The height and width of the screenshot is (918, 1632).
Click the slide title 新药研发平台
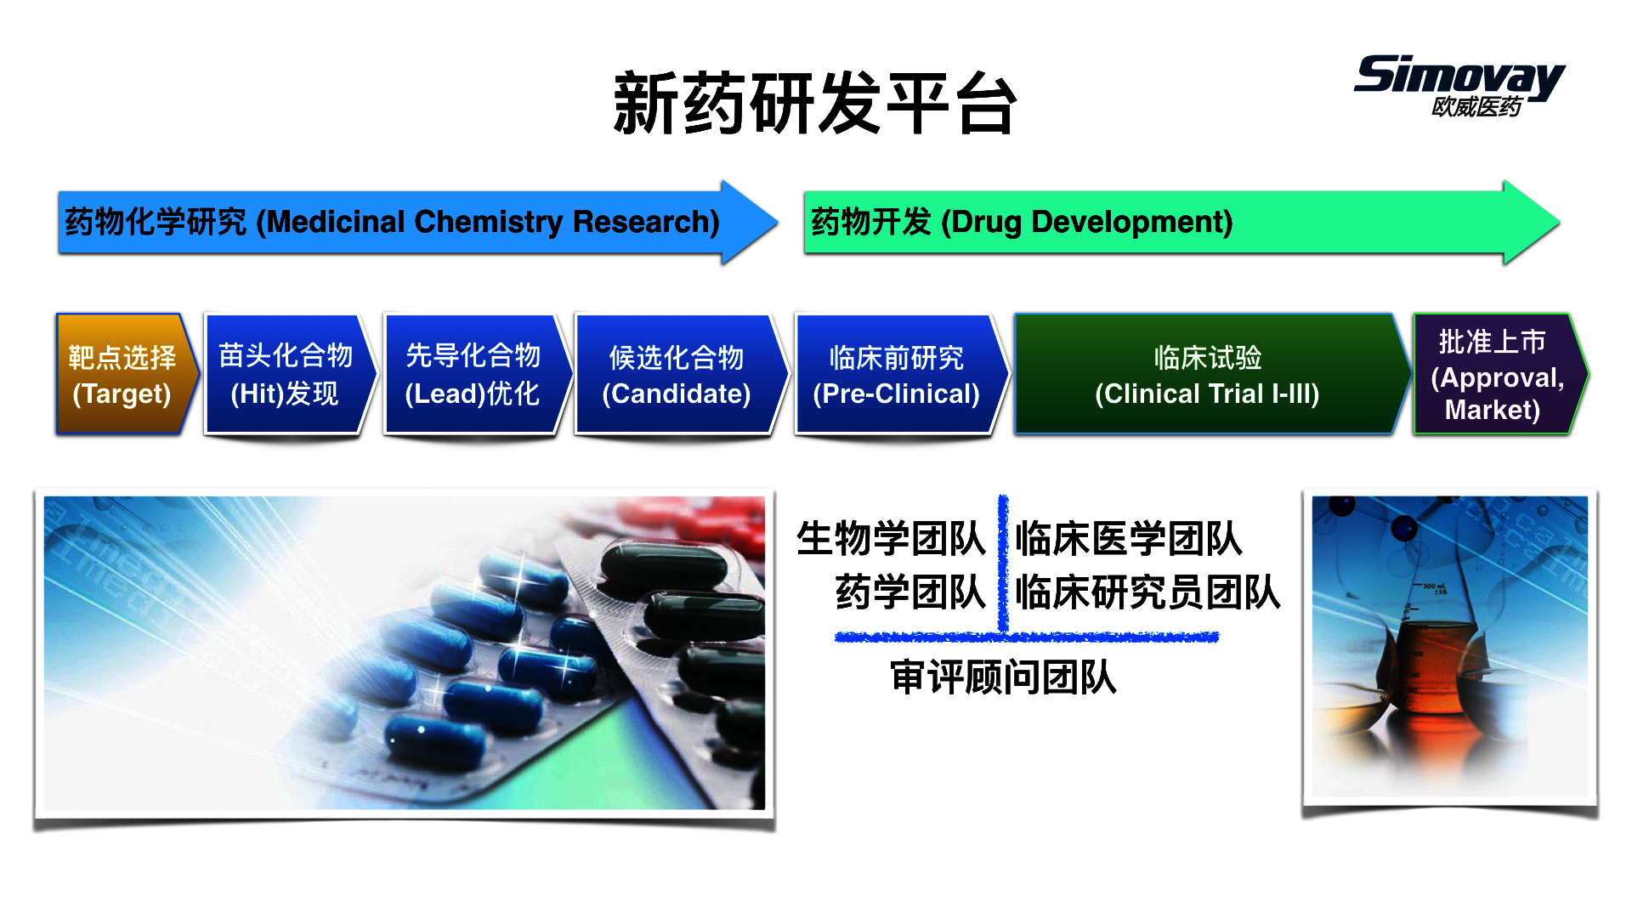tap(815, 104)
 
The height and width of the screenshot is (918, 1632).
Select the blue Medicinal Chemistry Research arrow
tap(417, 222)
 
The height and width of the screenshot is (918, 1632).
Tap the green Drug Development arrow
tap(1181, 222)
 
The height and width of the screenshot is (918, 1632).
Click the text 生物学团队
tap(891, 539)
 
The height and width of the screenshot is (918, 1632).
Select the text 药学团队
tap(910, 592)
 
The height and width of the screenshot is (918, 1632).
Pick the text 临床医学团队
tap(1129, 539)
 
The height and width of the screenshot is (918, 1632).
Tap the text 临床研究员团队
tap(1147, 592)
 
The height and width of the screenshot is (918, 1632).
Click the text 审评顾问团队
tap(1003, 678)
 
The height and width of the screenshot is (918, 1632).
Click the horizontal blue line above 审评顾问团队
tap(1027, 637)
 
